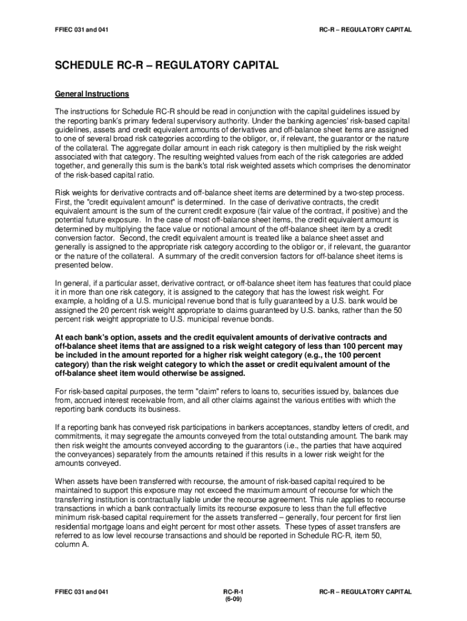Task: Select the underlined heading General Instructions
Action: pyautogui.click(x=92, y=94)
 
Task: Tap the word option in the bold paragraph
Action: pyautogui.click(x=126, y=338)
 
